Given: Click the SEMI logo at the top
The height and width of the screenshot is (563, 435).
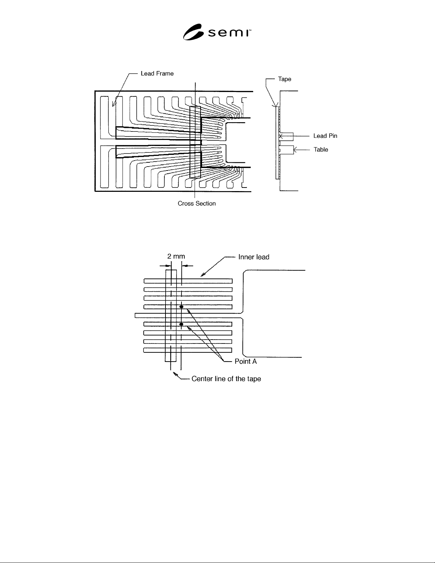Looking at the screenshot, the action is (x=217, y=32).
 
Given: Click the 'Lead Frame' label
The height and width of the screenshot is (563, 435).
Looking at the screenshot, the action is (x=157, y=74).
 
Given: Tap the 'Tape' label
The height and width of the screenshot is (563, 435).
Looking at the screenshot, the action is (x=284, y=79).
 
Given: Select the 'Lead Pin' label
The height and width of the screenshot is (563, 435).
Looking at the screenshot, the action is (x=325, y=136).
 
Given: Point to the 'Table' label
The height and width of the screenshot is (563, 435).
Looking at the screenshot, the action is (x=321, y=150).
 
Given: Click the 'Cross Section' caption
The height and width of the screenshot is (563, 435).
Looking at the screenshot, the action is (x=196, y=204).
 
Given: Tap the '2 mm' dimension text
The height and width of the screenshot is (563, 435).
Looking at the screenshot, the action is (x=176, y=256).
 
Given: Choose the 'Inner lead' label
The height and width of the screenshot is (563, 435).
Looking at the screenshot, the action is (x=254, y=257).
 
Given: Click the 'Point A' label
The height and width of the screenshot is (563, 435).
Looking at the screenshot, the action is (x=245, y=361).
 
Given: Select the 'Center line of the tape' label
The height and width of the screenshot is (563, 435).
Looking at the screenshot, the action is (x=226, y=379).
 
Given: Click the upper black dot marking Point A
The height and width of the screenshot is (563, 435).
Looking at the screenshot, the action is (x=181, y=307).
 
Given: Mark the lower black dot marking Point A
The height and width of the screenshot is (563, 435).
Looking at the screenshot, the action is (x=181, y=324).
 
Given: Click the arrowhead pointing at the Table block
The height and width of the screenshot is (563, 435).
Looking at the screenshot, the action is (x=295, y=150).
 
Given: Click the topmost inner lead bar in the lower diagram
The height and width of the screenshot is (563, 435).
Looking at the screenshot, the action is (x=188, y=281).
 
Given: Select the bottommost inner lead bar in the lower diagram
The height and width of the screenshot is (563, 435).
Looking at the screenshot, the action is (x=187, y=350).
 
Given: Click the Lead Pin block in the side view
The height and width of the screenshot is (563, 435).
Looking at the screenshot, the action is (x=286, y=136).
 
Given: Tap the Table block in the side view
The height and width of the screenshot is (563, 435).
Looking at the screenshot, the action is (x=287, y=150).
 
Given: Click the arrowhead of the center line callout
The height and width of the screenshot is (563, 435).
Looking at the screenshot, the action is (x=175, y=374).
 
